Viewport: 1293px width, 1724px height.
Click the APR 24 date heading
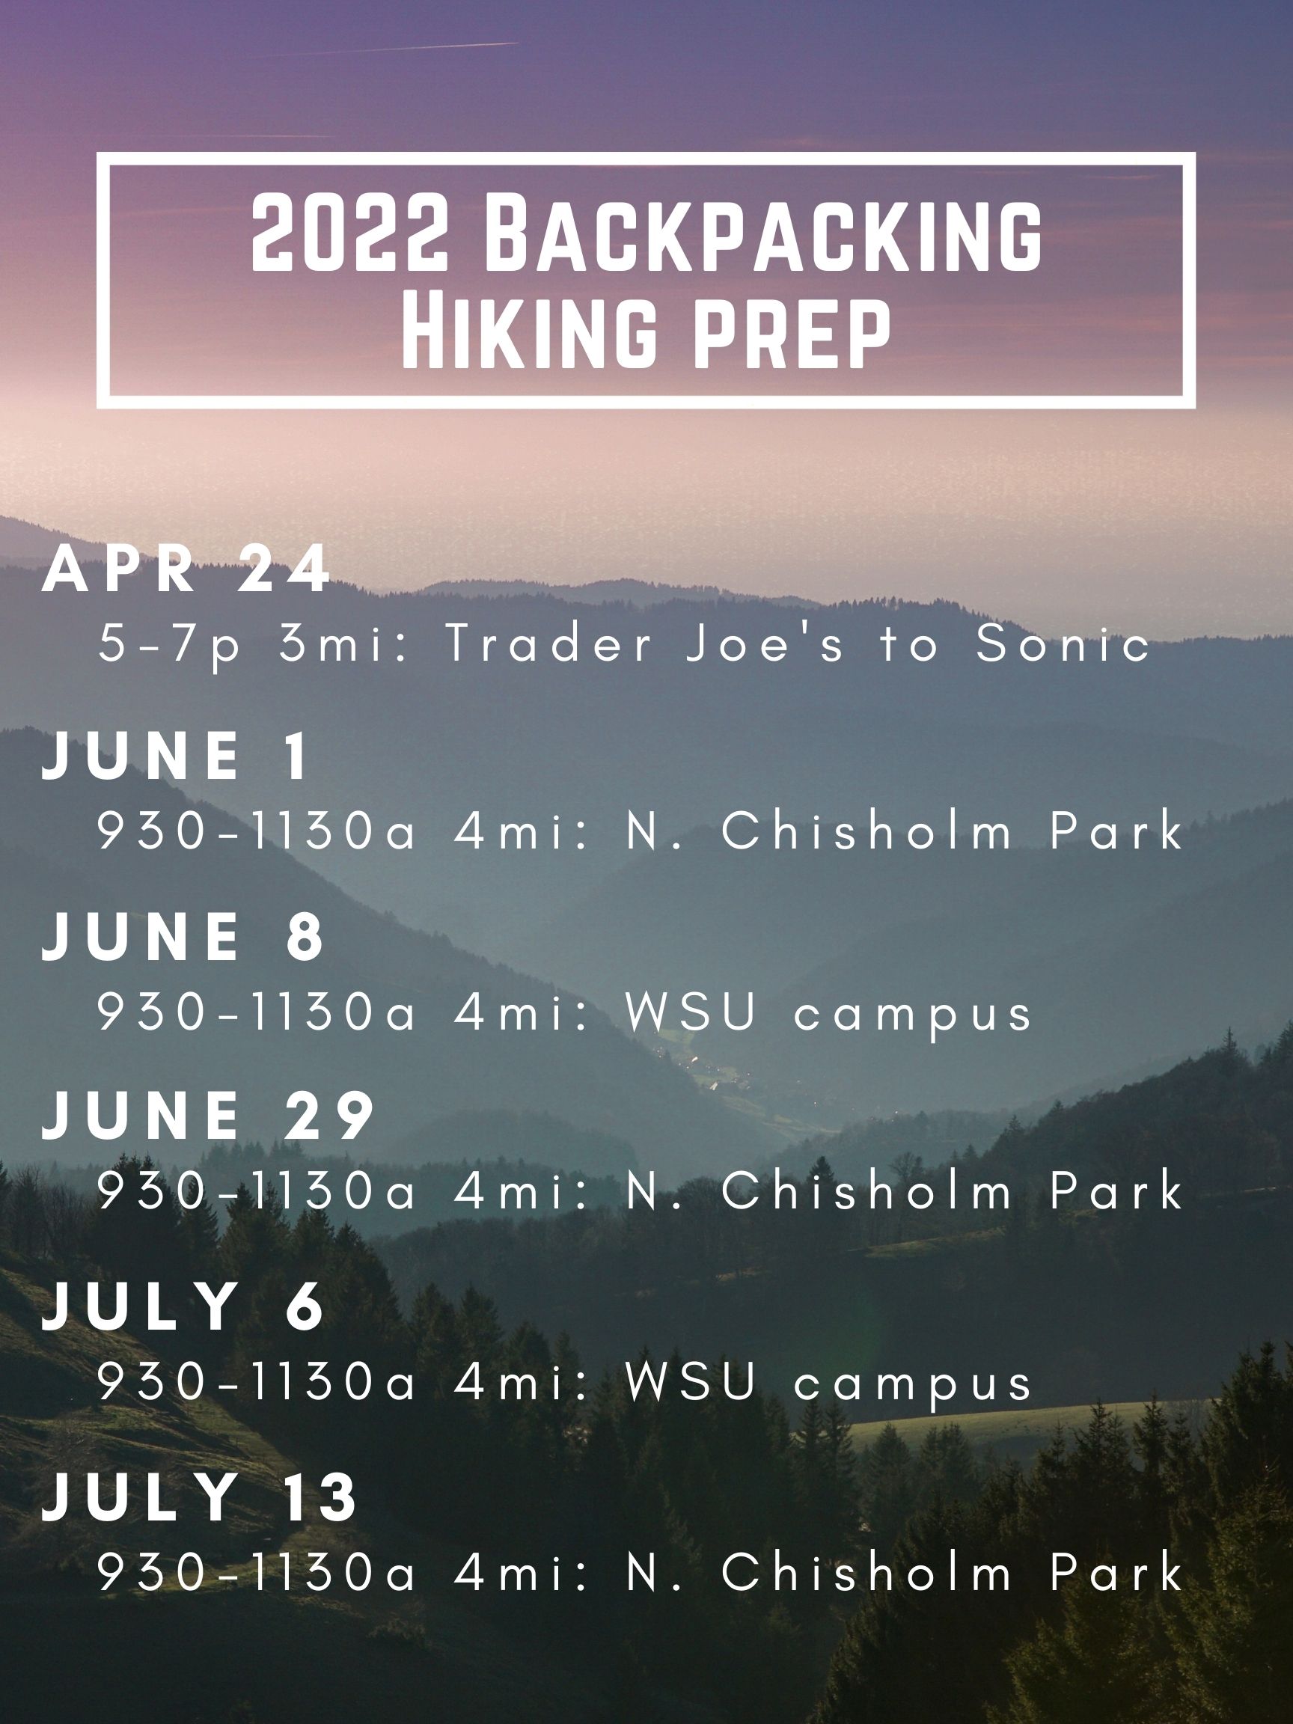click(186, 570)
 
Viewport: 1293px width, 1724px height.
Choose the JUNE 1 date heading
click(175, 755)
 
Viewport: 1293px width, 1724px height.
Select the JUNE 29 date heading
click(208, 1116)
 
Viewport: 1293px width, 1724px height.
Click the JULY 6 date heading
click(183, 1306)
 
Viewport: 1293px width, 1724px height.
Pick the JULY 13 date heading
click(200, 1497)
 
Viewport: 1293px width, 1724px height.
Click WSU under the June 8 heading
click(691, 1012)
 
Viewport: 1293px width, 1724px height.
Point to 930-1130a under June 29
click(257, 1192)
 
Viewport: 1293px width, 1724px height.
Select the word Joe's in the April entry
click(765, 644)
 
